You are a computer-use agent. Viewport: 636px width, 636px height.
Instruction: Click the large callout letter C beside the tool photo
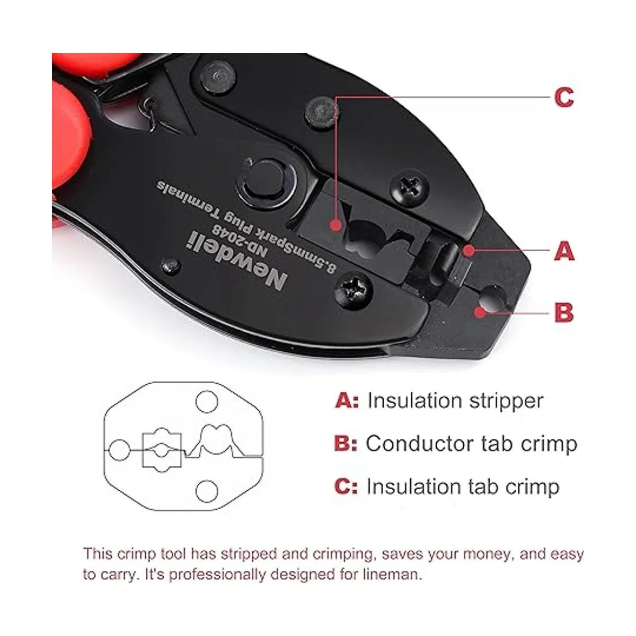coord(564,97)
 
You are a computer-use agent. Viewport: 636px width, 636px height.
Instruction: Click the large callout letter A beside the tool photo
coord(564,251)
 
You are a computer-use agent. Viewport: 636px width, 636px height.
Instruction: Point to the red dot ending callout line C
coord(337,225)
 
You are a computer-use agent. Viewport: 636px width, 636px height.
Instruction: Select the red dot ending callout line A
coord(469,251)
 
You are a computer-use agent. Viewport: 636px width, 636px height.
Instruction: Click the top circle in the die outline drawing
coord(207,402)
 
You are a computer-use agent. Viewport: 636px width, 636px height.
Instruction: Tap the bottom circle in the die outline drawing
coord(207,491)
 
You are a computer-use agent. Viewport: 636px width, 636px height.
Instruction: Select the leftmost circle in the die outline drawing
coord(119,450)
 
